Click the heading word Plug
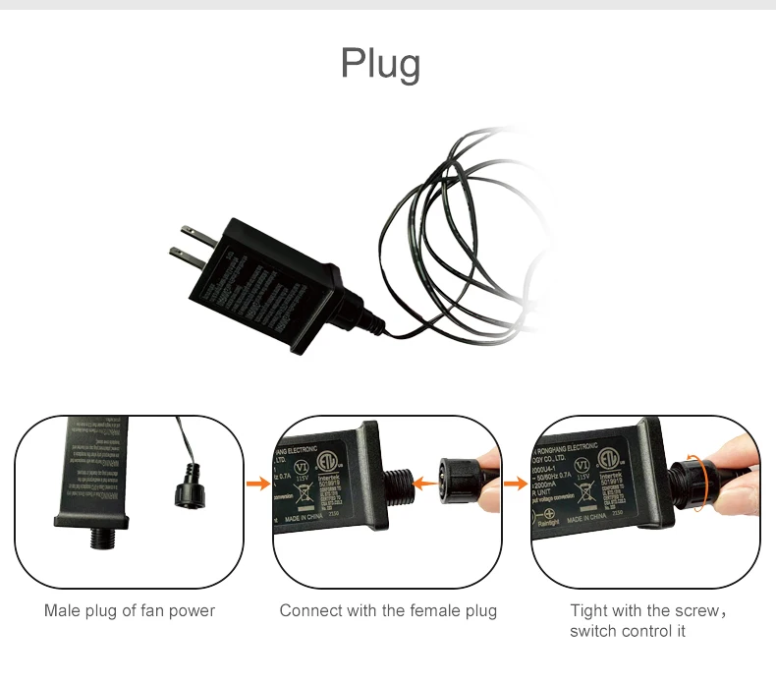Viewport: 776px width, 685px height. tap(380, 63)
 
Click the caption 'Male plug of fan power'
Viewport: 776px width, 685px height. tap(130, 610)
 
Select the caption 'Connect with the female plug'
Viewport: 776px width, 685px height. tap(388, 610)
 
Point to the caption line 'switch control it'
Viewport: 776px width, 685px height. tap(628, 631)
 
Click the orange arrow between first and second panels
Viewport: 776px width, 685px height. tap(258, 483)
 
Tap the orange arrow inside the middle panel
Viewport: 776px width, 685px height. tap(424, 481)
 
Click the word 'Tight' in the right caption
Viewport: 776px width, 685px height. tap(587, 610)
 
